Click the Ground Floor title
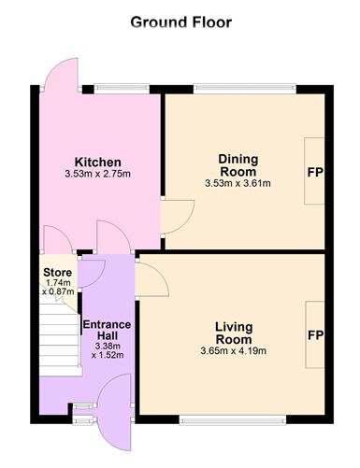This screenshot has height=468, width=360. point(180,21)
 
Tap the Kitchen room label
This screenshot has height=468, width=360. point(98,162)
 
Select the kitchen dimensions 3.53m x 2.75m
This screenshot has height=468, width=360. point(98,174)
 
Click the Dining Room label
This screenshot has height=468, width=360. point(238,165)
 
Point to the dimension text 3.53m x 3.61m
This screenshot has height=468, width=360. point(238,183)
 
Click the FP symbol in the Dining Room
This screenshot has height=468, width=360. point(315,173)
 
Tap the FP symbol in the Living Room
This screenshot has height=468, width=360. point(315,335)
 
